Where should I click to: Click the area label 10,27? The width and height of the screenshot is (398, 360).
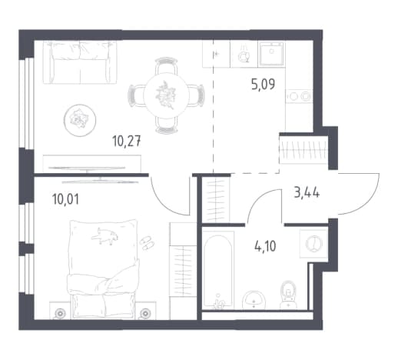coord(127,142)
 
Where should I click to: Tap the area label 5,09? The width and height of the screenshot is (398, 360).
coord(263,85)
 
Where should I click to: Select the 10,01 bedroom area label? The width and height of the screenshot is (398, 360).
coord(65,199)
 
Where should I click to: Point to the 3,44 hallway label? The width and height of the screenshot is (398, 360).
coord(307,192)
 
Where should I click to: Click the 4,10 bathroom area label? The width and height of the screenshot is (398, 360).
coord(265,246)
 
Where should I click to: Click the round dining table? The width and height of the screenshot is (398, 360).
coord(167,95)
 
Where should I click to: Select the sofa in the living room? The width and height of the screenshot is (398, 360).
coord(80,62)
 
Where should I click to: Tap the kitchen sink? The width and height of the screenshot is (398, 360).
coord(271,54)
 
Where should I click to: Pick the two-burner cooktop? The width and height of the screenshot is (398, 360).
coord(300,96)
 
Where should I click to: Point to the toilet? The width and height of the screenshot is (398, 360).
coord(288,295)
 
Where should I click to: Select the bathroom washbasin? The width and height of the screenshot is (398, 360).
coord(254,300)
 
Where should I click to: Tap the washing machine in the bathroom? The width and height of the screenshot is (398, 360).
coord(314,244)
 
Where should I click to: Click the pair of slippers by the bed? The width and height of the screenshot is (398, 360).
coord(147,242)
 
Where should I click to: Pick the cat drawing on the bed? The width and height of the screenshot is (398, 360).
coord(104,235)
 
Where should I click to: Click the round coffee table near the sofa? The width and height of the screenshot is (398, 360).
coord(80,120)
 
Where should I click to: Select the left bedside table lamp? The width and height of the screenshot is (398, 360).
coord(61,313)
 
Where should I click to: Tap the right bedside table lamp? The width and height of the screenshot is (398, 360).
coord(145,313)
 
